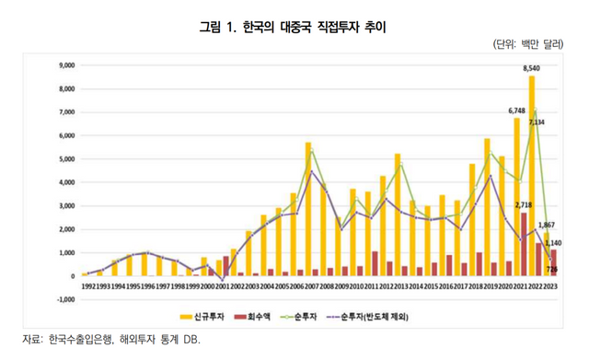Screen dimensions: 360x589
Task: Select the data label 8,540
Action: [x=531, y=69]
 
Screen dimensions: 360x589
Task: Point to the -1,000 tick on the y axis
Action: [x=64, y=299]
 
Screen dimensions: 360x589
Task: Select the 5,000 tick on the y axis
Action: [x=65, y=159]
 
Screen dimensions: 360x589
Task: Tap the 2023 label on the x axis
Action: [x=550, y=285]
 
